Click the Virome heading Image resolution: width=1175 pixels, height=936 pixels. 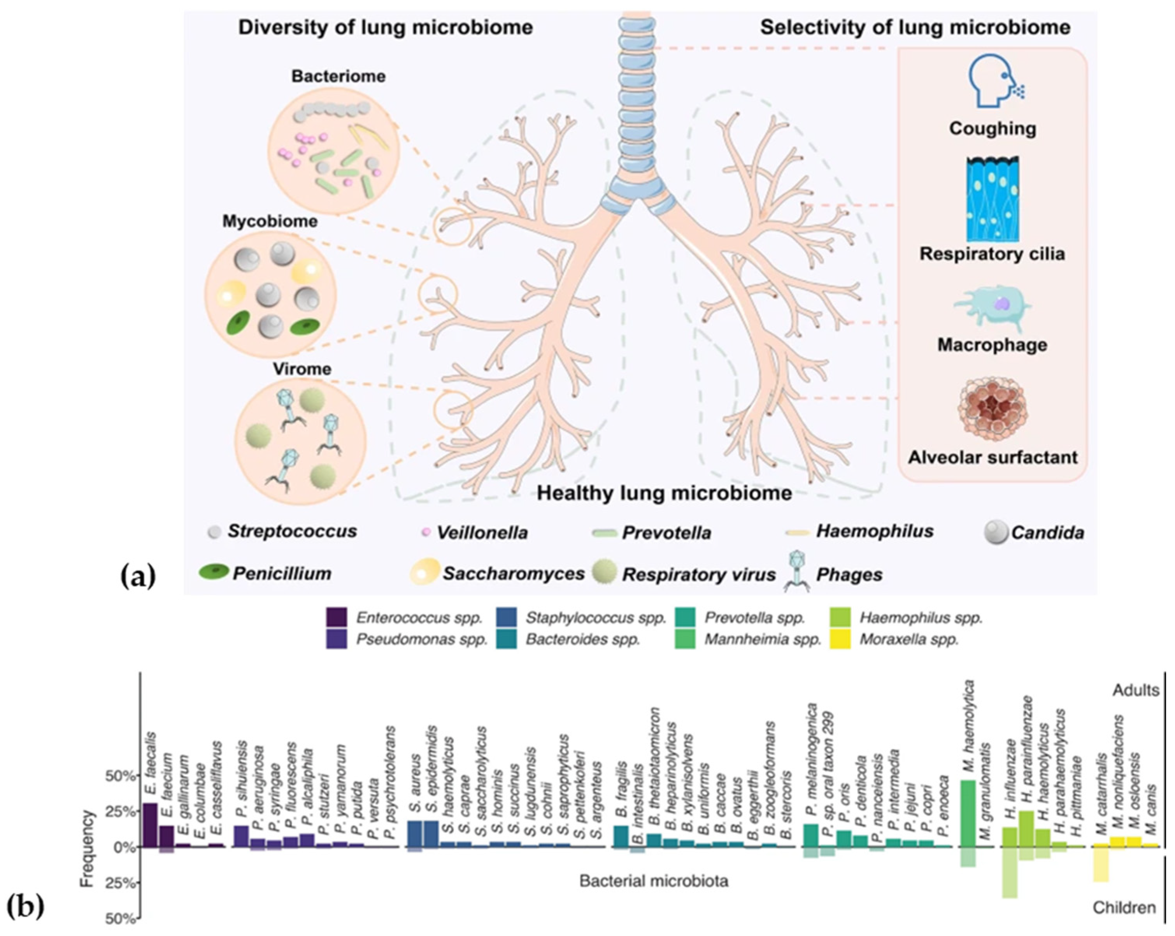point(302,369)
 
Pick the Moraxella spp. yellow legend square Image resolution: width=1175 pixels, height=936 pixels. point(844,639)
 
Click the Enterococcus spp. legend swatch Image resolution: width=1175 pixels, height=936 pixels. point(336,618)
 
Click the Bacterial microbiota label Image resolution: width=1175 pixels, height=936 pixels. point(653,881)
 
